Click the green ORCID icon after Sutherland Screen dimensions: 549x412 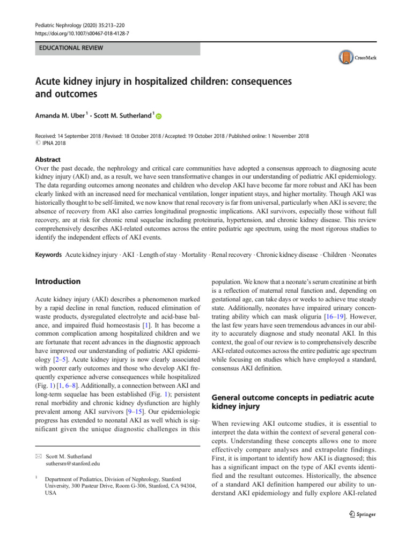click(159, 116)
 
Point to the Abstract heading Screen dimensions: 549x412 click(48, 159)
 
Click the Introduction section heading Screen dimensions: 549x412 click(58, 281)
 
